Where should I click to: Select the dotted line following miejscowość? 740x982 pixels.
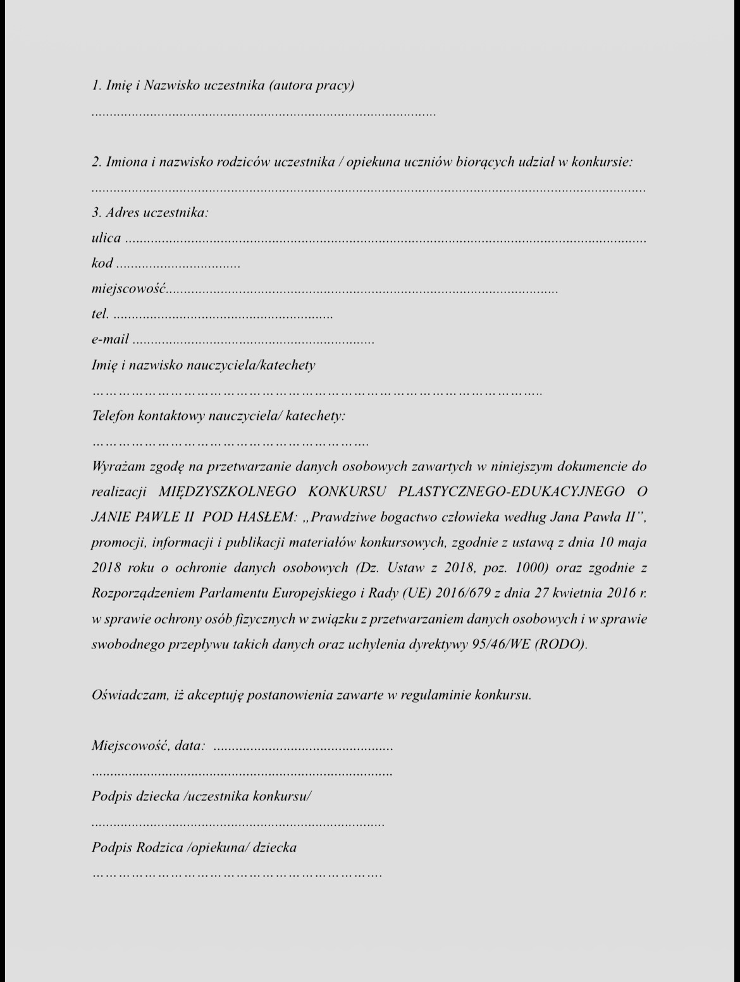pos(362,292)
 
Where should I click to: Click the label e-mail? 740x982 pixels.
pos(110,340)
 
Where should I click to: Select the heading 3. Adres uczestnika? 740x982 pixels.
pos(150,213)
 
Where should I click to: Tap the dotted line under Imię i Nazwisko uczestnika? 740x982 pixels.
pos(264,115)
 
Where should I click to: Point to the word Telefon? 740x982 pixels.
pos(113,416)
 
